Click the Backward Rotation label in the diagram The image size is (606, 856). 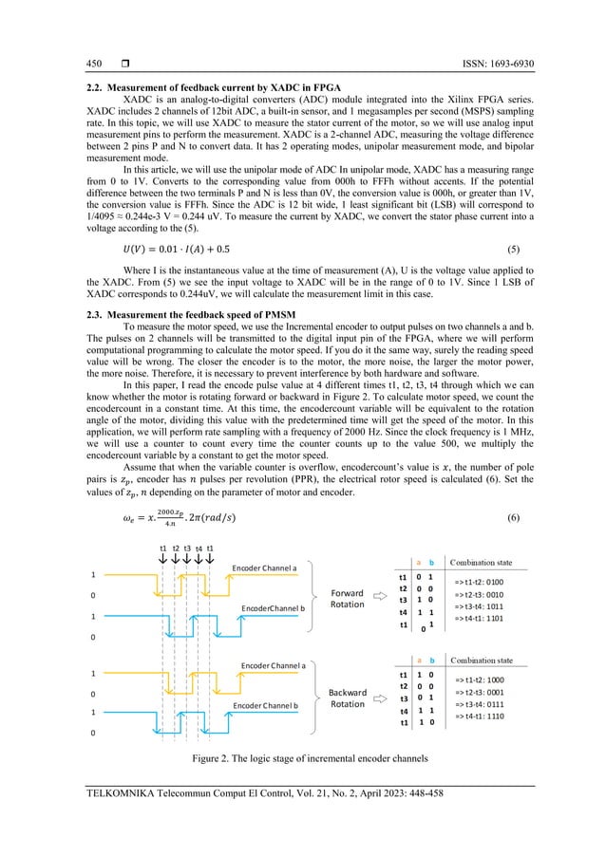pyautogui.click(x=347, y=698)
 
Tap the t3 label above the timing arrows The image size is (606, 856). pyautogui.click(x=188, y=549)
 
